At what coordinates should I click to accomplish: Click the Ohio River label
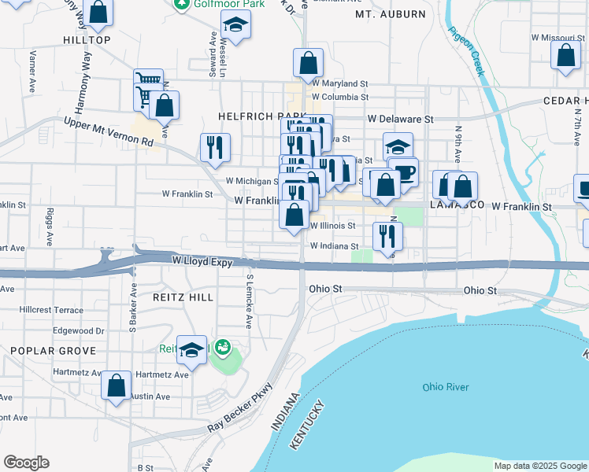[445, 386]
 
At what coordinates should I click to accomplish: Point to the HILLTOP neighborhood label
[87, 39]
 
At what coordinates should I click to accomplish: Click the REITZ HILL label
[180, 297]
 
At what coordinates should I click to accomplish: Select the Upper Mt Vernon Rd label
[108, 131]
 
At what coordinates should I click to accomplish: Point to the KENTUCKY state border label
[306, 426]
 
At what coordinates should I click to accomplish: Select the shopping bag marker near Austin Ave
[116, 385]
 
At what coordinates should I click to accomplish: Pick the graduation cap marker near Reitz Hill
[191, 350]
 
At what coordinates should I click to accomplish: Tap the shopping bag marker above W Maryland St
[308, 63]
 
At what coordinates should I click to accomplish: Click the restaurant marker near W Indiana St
[387, 235]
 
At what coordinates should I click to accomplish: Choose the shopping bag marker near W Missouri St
[565, 56]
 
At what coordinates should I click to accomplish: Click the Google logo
[26, 463]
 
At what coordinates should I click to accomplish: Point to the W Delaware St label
[400, 119]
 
